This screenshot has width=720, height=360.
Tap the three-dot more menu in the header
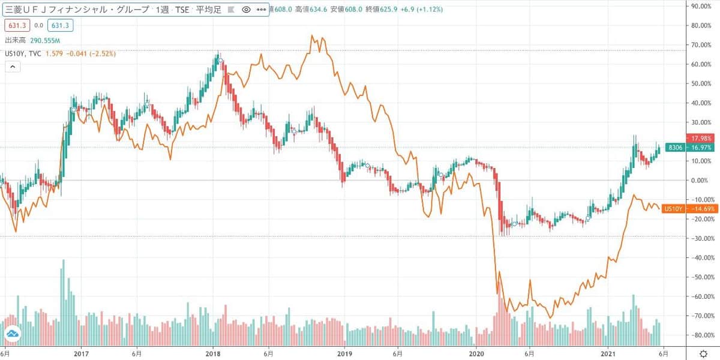coord(261,10)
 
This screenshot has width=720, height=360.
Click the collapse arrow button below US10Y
coord(12,67)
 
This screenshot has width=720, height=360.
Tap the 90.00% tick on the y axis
coord(701,7)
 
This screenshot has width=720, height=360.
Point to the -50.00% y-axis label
coord(700,277)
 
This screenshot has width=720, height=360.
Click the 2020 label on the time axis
coord(476,354)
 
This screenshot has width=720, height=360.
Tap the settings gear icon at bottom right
coord(703,354)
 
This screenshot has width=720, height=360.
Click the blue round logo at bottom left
coord(12,334)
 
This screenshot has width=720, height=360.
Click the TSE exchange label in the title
coord(181,10)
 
